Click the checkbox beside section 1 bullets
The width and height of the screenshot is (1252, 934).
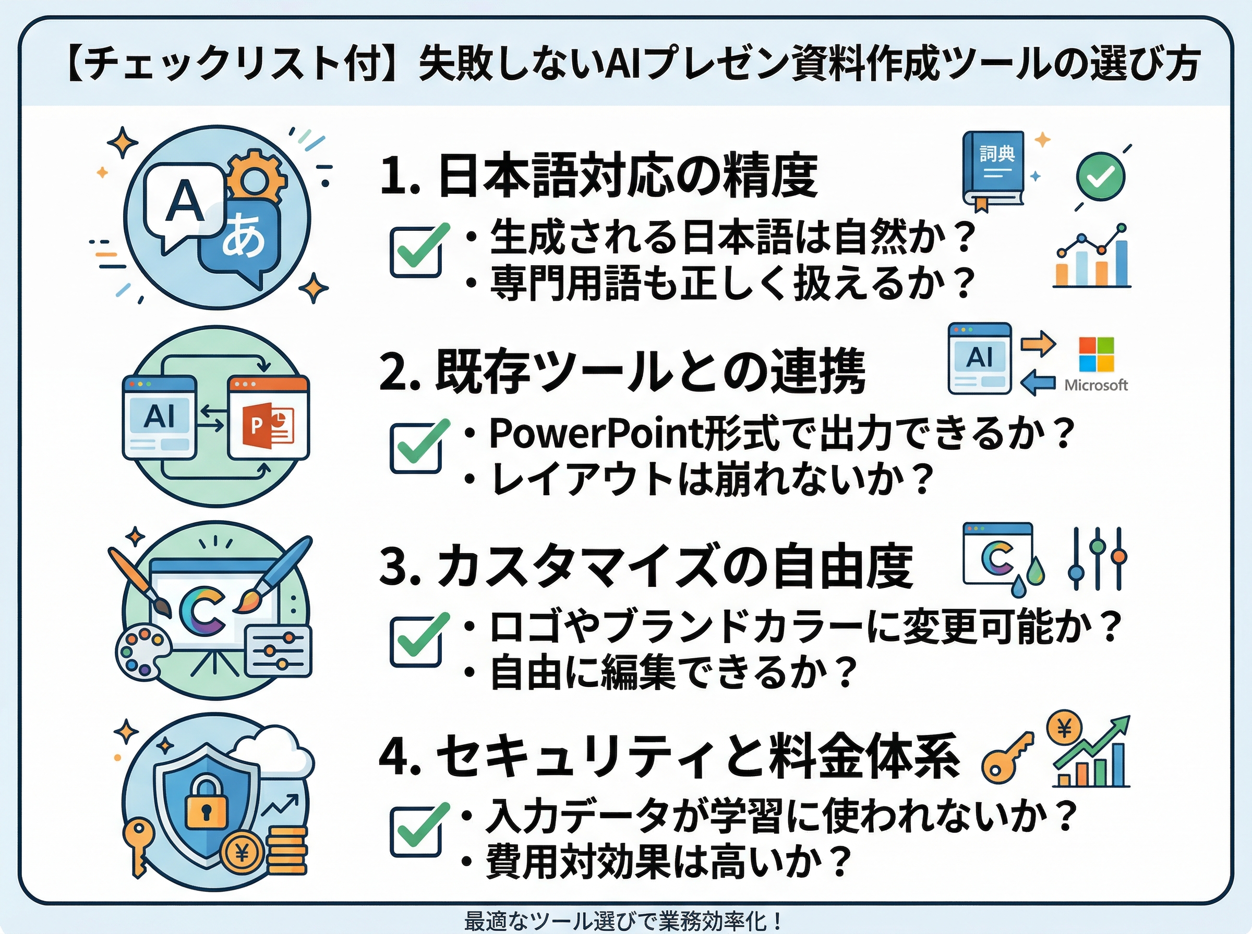pos(416,252)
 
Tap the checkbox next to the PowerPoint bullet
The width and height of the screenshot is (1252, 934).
pos(416,448)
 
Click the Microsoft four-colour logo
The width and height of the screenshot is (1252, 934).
pos(1096,354)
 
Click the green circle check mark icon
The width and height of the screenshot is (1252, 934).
pos(1100,176)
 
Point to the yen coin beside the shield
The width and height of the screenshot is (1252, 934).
pos(242,852)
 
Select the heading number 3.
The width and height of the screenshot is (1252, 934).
pos(396,567)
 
